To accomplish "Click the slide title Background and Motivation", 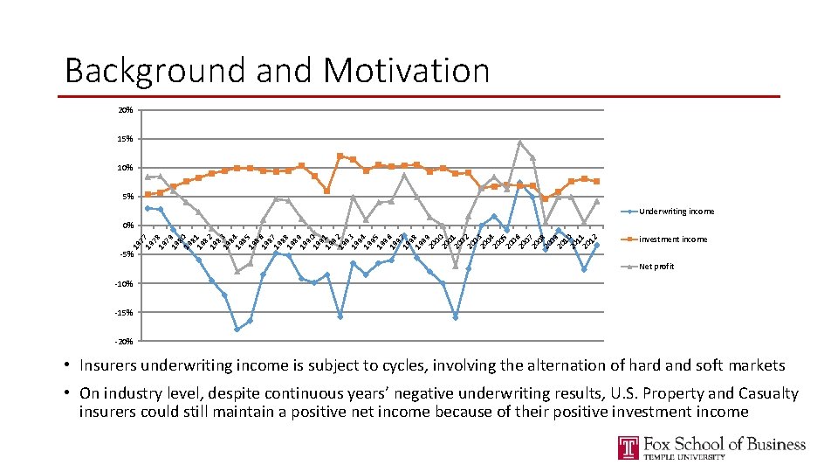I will pos(277,70).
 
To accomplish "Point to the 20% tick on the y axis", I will pos(126,111).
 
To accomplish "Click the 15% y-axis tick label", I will pos(126,139).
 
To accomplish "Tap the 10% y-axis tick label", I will pos(126,168).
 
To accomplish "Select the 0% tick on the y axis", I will pos(127,226).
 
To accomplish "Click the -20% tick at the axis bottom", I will pos(124,341).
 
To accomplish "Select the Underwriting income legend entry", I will pos(677,212).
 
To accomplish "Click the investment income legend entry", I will pos(673,239).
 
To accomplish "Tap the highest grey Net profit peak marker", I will pos(520,142).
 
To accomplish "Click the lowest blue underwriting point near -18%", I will pos(237,330).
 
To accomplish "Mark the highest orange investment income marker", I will pos(340,156).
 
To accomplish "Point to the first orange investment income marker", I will pos(148,194).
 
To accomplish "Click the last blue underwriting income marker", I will pos(597,245).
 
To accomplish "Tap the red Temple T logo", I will pos(628,448).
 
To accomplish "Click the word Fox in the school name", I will pos(664,444).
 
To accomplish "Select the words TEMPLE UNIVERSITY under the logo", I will pos(685,457).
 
